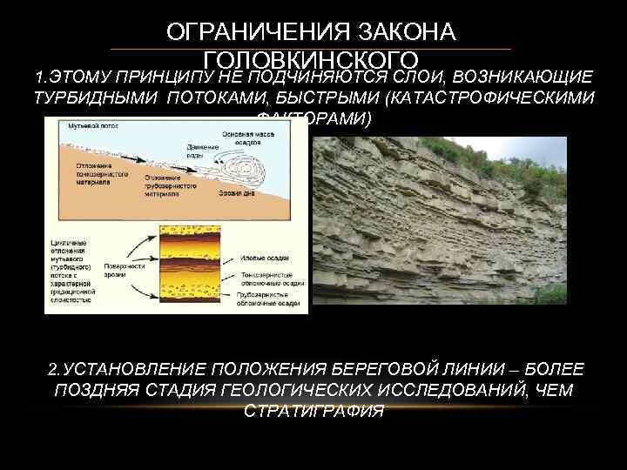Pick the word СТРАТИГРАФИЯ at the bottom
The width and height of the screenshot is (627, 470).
click(313, 411)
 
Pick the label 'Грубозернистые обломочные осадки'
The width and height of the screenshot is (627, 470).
click(269, 299)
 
